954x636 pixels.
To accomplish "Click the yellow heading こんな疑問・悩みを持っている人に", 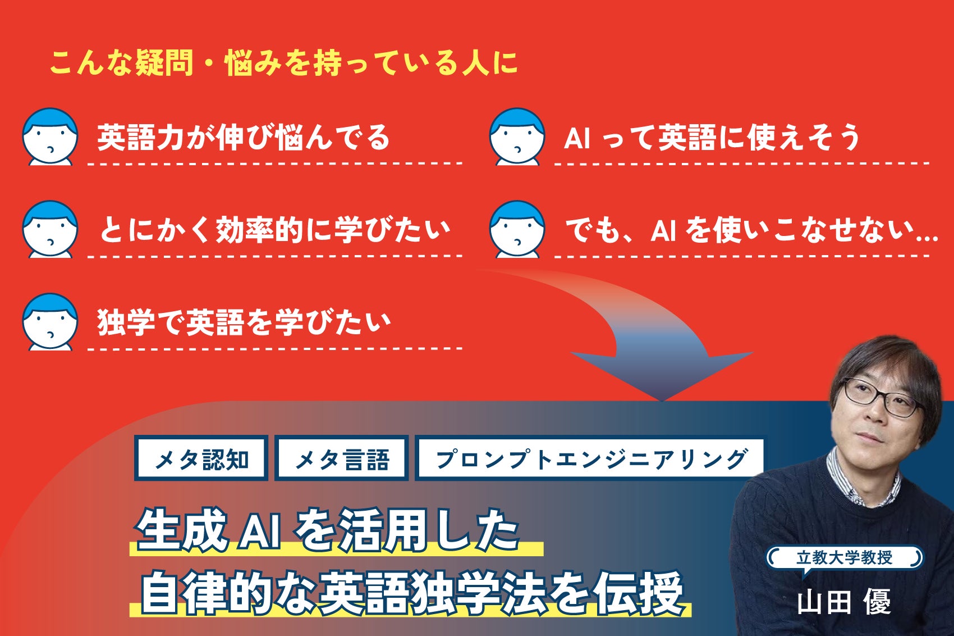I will click(x=283, y=62).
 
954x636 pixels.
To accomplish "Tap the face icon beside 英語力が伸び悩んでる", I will click(x=50, y=137).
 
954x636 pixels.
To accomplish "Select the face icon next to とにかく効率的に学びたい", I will click(x=50, y=230).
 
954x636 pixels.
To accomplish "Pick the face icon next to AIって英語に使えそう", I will click(x=517, y=137).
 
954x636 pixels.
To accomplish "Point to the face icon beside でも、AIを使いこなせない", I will click(x=517, y=230).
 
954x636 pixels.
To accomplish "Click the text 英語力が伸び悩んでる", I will click(x=243, y=138).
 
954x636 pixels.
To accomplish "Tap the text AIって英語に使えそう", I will click(x=712, y=138).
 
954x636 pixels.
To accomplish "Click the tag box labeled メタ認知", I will click(x=201, y=458).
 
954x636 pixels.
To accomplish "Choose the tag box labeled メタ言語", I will click(x=341, y=458).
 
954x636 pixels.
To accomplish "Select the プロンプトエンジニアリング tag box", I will click(x=590, y=458).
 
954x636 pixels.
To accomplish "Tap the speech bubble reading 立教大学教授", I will click(x=844, y=557).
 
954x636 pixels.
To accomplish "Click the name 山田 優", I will click(x=843, y=602).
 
